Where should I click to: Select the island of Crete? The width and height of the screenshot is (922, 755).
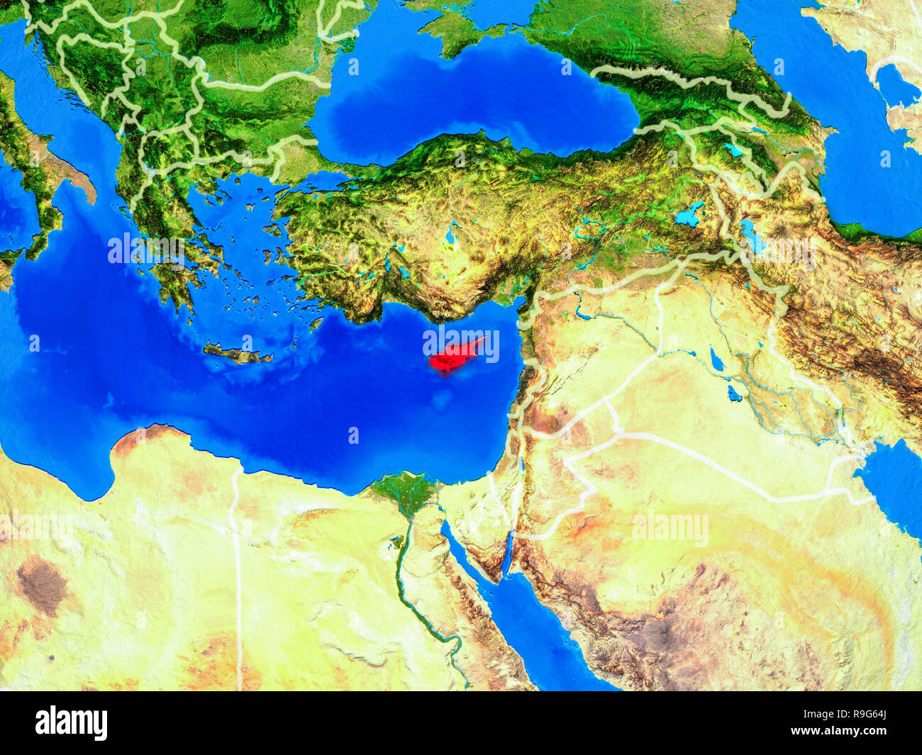pyautogui.click(x=237, y=353)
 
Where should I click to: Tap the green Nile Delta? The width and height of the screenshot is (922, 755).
pyautogui.click(x=405, y=490)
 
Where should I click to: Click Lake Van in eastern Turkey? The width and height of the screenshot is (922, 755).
pyautogui.click(x=689, y=214)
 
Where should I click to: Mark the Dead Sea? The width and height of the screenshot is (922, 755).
pyautogui.click(x=522, y=468)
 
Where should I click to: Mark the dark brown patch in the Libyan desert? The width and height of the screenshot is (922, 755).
pyautogui.click(x=41, y=585)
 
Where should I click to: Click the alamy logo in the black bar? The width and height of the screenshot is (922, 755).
pyautogui.click(x=71, y=722)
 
